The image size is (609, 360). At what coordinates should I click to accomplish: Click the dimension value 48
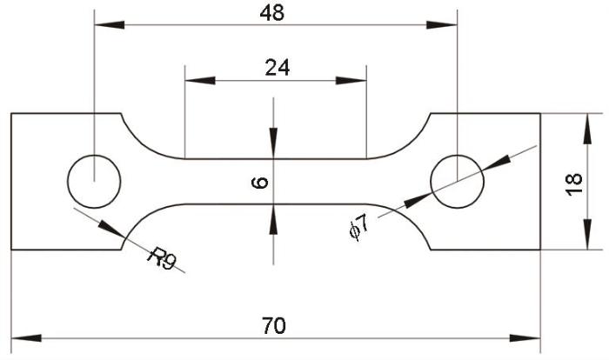(x=271, y=13)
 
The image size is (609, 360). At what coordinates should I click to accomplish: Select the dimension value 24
(x=278, y=68)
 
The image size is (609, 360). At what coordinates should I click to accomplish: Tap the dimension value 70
(x=274, y=325)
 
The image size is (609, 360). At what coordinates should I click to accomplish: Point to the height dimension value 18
(x=574, y=184)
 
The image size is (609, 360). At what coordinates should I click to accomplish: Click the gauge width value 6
(x=260, y=182)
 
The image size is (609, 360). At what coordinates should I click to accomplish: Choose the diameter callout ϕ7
(x=358, y=227)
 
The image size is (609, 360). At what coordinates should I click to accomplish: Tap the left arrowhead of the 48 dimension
(x=110, y=25)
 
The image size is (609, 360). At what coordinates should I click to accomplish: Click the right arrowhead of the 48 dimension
(x=442, y=25)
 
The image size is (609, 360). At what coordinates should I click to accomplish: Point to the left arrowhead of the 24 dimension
(x=200, y=81)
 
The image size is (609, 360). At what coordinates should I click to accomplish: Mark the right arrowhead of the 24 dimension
(x=351, y=81)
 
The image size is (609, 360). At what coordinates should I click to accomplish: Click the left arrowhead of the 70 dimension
(x=26, y=338)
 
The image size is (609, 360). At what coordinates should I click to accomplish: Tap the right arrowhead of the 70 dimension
(x=525, y=338)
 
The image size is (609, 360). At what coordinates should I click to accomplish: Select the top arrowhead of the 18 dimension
(x=587, y=129)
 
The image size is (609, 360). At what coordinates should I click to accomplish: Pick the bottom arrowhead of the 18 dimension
(x=587, y=234)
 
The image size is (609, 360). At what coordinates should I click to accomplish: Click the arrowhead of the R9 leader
(x=111, y=229)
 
